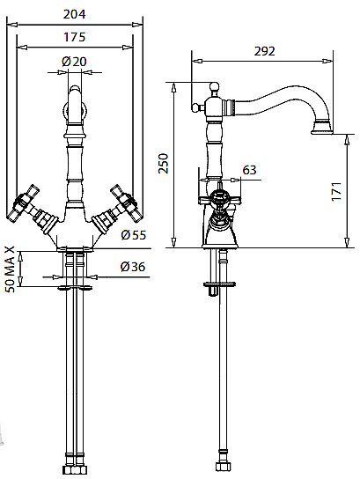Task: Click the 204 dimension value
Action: [75, 14]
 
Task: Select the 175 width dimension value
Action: [75, 37]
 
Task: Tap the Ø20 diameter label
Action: [74, 62]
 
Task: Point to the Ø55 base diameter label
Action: [134, 235]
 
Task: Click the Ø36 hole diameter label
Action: [133, 267]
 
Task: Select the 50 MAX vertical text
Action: [11, 269]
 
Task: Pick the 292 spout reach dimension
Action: [264, 51]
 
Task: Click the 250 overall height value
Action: [164, 164]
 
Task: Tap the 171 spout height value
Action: [336, 192]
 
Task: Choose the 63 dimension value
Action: [249, 170]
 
